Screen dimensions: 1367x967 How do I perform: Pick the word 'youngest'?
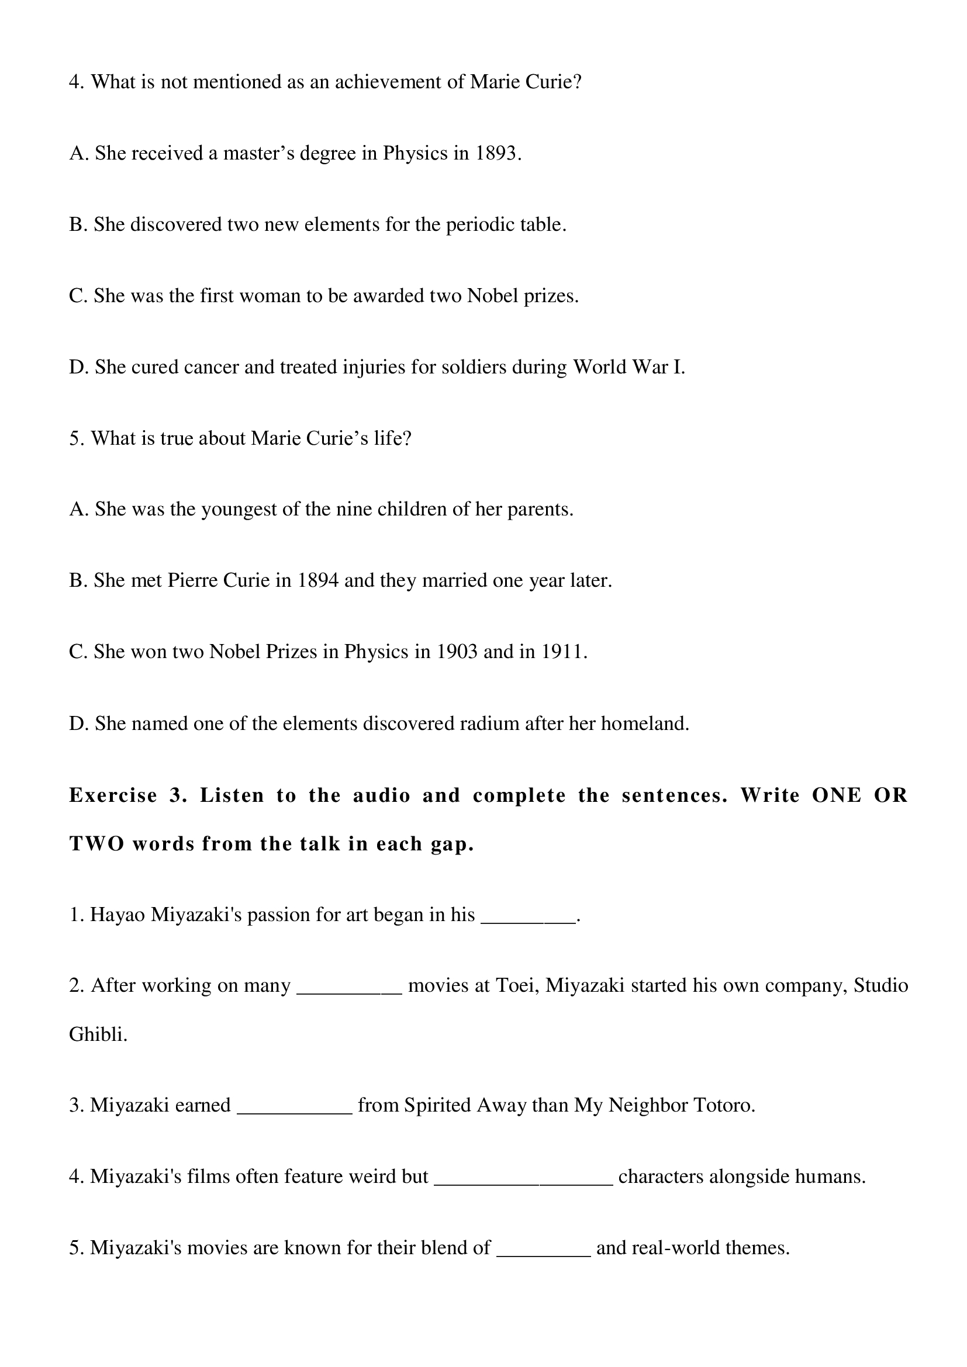[238, 510]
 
